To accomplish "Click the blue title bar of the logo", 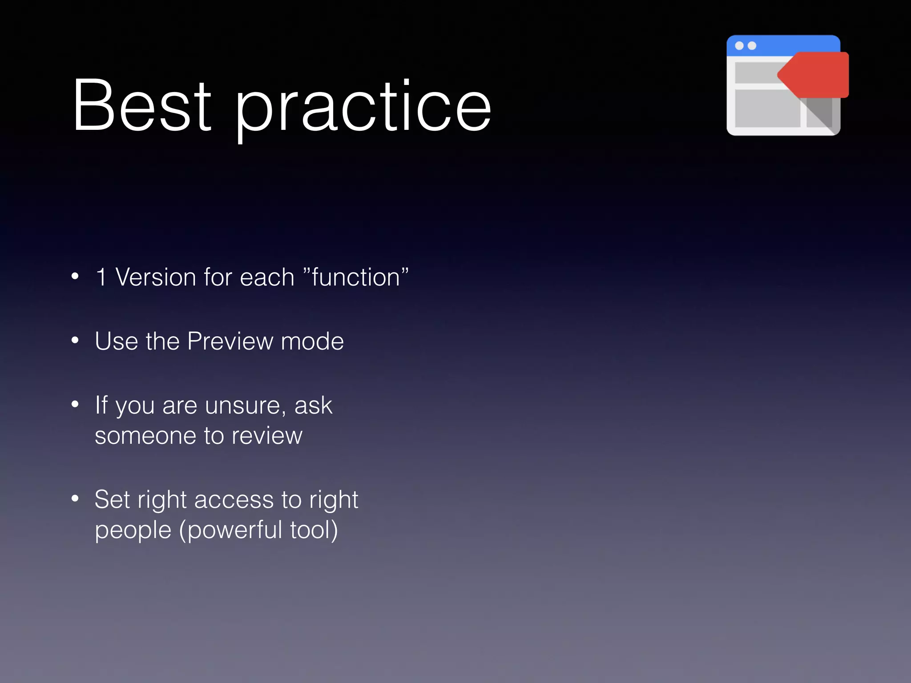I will (783, 45).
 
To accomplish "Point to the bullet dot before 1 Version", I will (75, 276).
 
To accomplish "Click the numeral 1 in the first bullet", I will (101, 277).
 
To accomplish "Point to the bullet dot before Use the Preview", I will (75, 341).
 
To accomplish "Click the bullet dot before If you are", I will (75, 404).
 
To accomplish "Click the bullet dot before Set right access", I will (75, 498).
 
